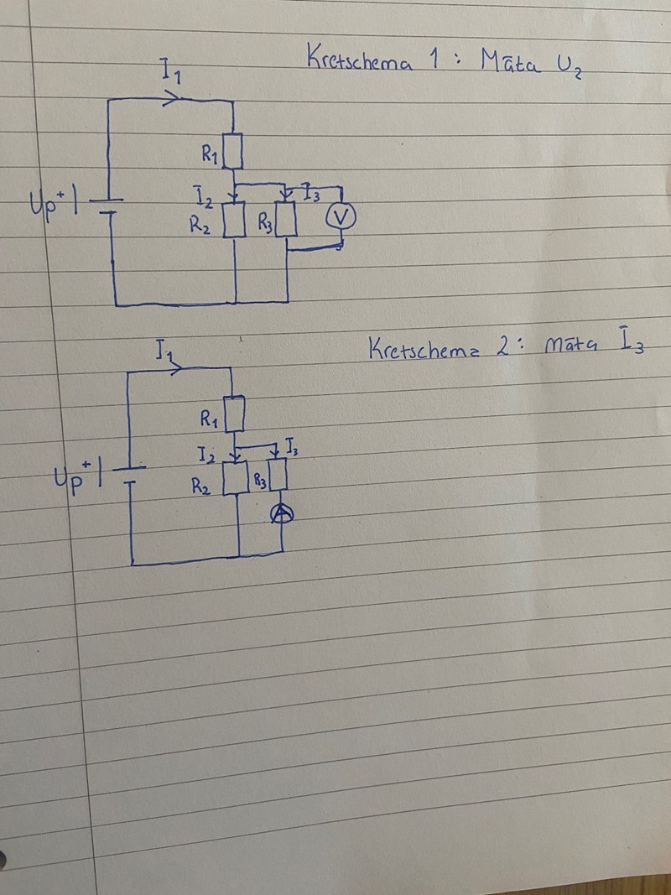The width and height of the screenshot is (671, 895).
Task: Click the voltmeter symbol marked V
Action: (x=341, y=217)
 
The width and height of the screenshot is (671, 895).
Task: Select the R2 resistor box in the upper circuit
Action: (x=234, y=221)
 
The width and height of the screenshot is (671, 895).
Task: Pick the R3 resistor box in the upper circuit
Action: (x=287, y=221)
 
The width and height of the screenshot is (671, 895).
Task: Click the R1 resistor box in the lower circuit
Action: (x=235, y=412)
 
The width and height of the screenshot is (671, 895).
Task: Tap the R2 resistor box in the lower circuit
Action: (x=235, y=479)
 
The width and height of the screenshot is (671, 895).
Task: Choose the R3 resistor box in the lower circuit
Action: (x=278, y=476)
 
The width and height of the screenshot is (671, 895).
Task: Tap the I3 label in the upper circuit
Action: (x=311, y=195)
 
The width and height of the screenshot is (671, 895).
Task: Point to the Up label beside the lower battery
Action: (x=70, y=481)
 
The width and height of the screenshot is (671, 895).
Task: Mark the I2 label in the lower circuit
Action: (x=205, y=455)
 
